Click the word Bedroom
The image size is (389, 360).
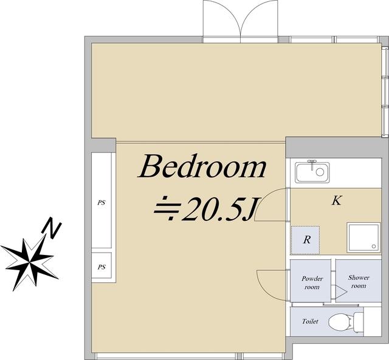202,166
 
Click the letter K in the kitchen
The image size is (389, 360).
337,200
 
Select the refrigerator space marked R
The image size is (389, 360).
305,240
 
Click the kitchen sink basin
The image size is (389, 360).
312,172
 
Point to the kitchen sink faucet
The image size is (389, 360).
312,164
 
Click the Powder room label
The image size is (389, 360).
312,283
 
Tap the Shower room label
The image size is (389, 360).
359,282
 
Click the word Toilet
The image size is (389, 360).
310,321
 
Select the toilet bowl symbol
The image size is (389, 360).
340,322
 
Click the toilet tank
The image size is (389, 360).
358,322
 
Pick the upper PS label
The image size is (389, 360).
102,203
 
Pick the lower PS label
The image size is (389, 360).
102,267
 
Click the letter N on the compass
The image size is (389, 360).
52,228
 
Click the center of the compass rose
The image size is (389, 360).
30,262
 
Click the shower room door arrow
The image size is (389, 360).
341,291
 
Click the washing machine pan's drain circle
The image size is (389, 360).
374,246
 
